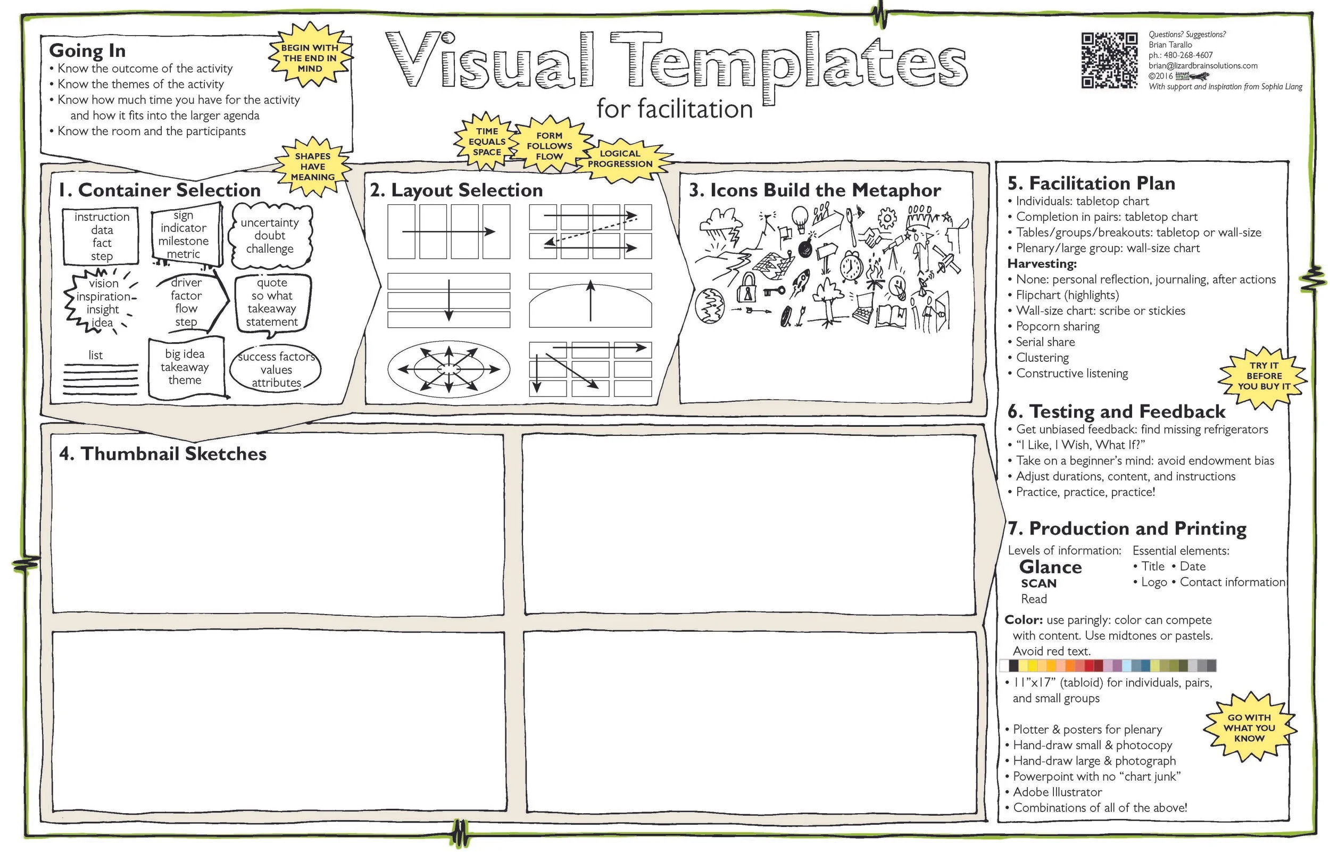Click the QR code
(1109, 60)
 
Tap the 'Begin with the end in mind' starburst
(310, 58)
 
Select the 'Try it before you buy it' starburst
(1263, 376)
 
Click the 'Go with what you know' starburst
(1249, 727)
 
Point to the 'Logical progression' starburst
(620, 159)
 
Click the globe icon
(709, 306)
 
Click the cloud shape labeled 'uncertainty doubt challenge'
(270, 235)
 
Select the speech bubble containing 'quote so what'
(272, 302)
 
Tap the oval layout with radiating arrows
(448, 369)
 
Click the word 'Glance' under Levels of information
(1050, 567)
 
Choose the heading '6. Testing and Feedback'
(1116, 411)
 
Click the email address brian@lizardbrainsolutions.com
(1203, 65)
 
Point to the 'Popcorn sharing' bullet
(1057, 327)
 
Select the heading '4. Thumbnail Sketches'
(163, 453)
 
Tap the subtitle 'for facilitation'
(674, 109)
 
